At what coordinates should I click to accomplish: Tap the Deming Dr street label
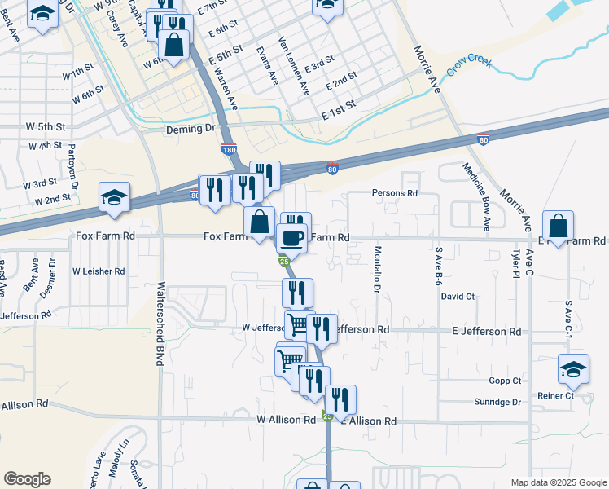(190, 129)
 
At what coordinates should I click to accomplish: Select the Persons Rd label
(394, 193)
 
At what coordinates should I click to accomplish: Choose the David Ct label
(458, 297)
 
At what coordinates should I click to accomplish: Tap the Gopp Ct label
(505, 381)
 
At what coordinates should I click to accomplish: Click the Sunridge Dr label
(497, 402)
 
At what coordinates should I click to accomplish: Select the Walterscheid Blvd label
(160, 324)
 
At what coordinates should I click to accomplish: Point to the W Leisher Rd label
(99, 271)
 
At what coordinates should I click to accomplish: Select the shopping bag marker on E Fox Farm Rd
(559, 225)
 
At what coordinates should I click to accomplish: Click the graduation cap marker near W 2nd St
(114, 197)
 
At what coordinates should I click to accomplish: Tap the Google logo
(27, 479)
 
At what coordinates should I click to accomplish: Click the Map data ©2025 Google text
(558, 482)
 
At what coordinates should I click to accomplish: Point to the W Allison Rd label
(286, 420)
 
